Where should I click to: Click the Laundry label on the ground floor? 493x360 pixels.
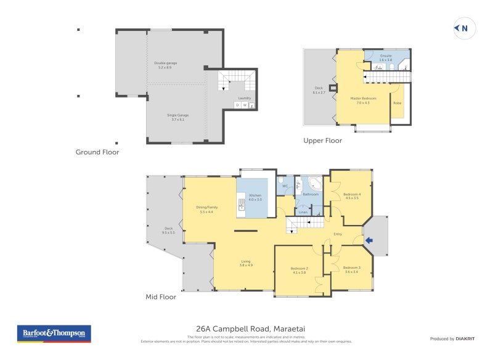[x=245, y=98]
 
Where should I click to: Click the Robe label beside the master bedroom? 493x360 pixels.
[x=397, y=102]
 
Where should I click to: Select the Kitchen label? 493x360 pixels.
[x=255, y=197]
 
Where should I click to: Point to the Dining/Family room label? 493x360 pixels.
[x=206, y=209]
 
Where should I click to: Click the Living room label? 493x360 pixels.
[x=246, y=263]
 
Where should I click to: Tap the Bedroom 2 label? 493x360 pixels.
[x=299, y=269]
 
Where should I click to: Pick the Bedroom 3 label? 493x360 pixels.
[x=352, y=269]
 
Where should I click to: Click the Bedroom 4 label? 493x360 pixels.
[x=352, y=196]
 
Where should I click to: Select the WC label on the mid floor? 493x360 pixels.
[x=285, y=186]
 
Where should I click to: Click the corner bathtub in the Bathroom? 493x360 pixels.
[x=315, y=184]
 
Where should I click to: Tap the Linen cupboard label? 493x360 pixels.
[x=303, y=213]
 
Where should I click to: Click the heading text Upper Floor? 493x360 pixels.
[x=322, y=141]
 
